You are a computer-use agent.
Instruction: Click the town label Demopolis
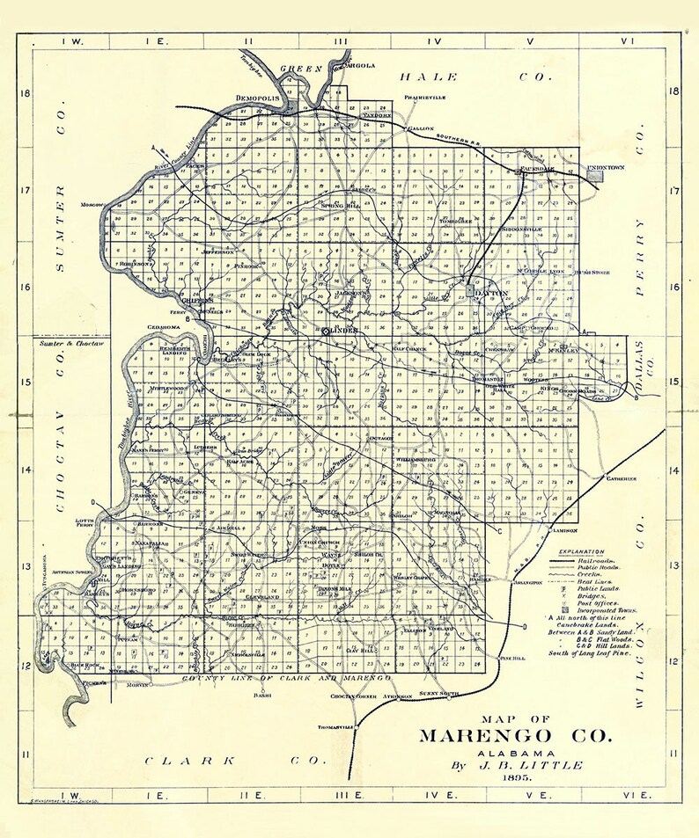pos(257,98)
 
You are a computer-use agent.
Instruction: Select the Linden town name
pos(339,330)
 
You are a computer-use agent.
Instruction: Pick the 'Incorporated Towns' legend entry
pos(607,608)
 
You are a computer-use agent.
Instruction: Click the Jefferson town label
pos(217,251)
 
